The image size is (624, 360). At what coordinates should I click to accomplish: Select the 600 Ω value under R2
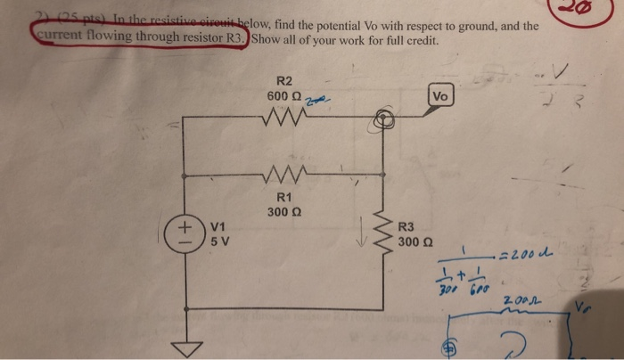tap(284, 96)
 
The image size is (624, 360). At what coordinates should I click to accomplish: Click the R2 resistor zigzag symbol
tap(285, 119)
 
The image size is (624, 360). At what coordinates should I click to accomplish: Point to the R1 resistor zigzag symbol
tap(285, 170)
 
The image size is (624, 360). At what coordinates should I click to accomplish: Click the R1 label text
tap(285, 197)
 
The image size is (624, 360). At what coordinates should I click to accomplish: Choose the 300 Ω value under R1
tap(285, 212)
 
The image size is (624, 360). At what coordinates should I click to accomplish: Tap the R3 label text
tap(406, 226)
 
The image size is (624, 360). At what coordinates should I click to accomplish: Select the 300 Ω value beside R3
tap(415, 241)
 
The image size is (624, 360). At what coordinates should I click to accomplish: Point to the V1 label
tap(219, 225)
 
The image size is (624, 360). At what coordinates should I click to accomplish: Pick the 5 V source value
tap(218, 241)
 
